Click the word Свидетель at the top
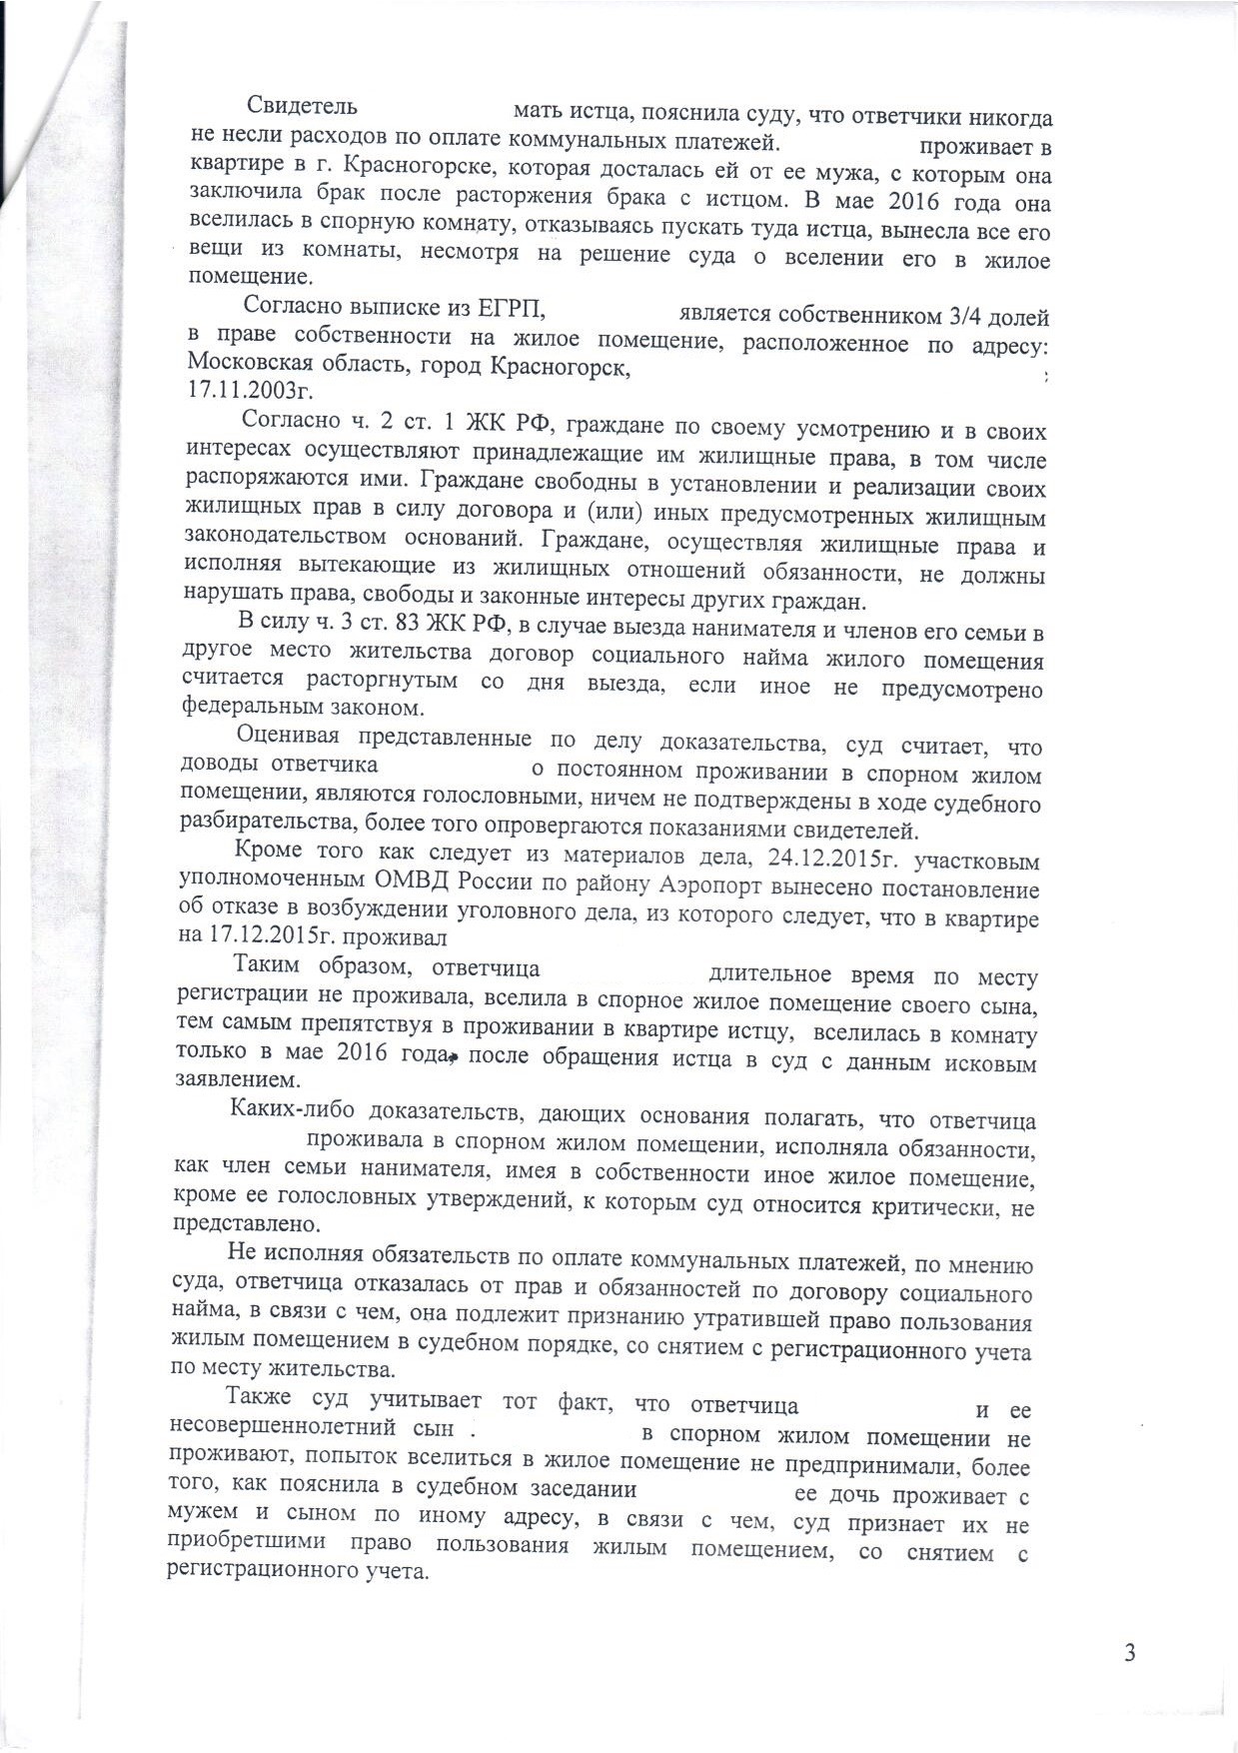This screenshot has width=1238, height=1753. [302, 105]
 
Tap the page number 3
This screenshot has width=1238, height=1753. [1129, 1653]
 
